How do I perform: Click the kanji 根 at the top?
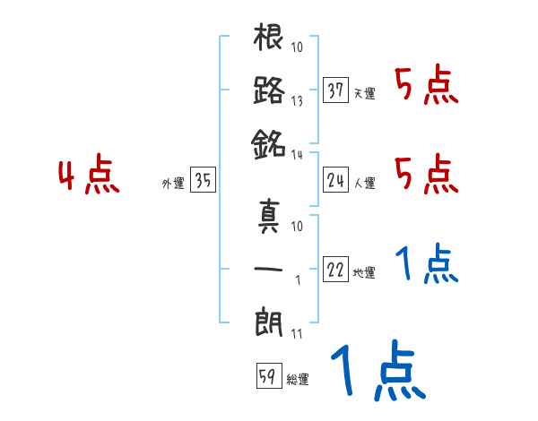click(269, 39)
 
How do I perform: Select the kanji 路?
click(269, 90)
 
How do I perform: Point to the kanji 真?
click(269, 219)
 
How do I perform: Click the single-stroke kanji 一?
click(269, 269)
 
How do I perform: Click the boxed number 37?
click(335, 90)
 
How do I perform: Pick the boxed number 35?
click(202, 182)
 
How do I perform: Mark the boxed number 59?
click(266, 376)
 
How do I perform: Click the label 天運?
click(365, 93)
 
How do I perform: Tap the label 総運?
click(297, 380)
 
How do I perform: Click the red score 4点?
click(87, 176)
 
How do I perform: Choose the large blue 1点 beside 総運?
click(377, 373)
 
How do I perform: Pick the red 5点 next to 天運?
click(426, 87)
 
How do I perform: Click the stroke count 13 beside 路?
click(298, 100)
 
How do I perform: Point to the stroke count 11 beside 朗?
click(297, 334)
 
